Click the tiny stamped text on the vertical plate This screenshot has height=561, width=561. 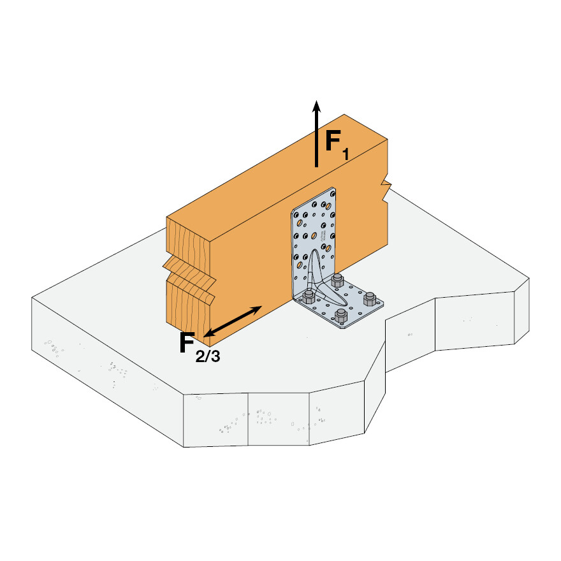[x=323, y=236]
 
